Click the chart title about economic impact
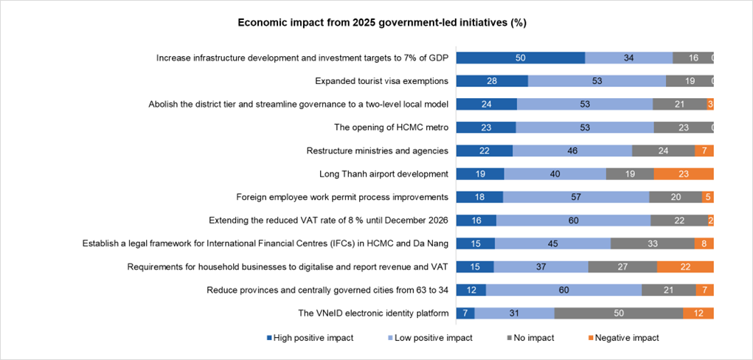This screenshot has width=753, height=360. [381, 22]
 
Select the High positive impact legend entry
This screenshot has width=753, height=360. [309, 338]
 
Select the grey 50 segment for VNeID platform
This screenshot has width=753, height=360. [618, 314]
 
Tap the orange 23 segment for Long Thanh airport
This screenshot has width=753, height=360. [684, 174]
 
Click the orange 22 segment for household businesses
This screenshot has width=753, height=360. [685, 267]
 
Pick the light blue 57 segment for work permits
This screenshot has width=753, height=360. [576, 197]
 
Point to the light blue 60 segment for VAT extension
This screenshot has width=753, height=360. [573, 221]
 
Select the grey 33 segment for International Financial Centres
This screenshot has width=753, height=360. [652, 243]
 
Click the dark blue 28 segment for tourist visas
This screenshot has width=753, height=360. [492, 81]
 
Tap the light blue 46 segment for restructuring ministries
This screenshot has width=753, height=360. [572, 150]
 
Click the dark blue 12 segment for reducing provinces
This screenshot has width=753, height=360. [471, 290]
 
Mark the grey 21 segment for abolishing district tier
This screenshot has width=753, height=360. [679, 104]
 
